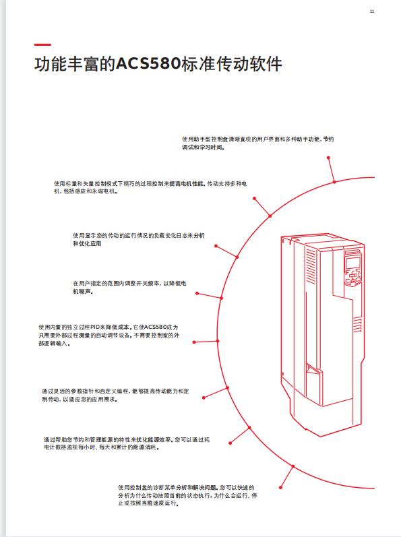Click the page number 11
pyautogui.click(x=372, y=11)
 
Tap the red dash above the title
pyautogui.click(x=42, y=44)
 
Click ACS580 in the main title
pyautogui.click(x=148, y=64)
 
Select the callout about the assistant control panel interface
pyautogui.click(x=257, y=143)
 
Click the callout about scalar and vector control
pyautogui.click(x=150, y=187)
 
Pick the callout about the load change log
pyautogui.click(x=138, y=239)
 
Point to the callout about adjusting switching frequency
pyautogui.click(x=129, y=287)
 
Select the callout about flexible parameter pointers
pyautogui.click(x=115, y=396)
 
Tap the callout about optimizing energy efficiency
pyautogui.click(x=127, y=443)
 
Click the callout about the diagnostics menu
pyautogui.click(x=187, y=495)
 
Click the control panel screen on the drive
pyautogui.click(x=352, y=263)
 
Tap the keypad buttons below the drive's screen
pyautogui.click(x=353, y=277)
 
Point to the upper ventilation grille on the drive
pyautogui.click(x=311, y=266)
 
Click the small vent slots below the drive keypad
pyautogui.click(x=357, y=325)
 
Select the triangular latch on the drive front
pyautogui.click(x=313, y=369)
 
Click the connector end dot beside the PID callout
pyautogui.click(x=194, y=342)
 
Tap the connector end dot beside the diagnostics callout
pyautogui.click(x=280, y=487)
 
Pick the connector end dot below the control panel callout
pyautogui.click(x=328, y=158)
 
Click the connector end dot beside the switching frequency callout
pyautogui.click(x=197, y=294)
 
